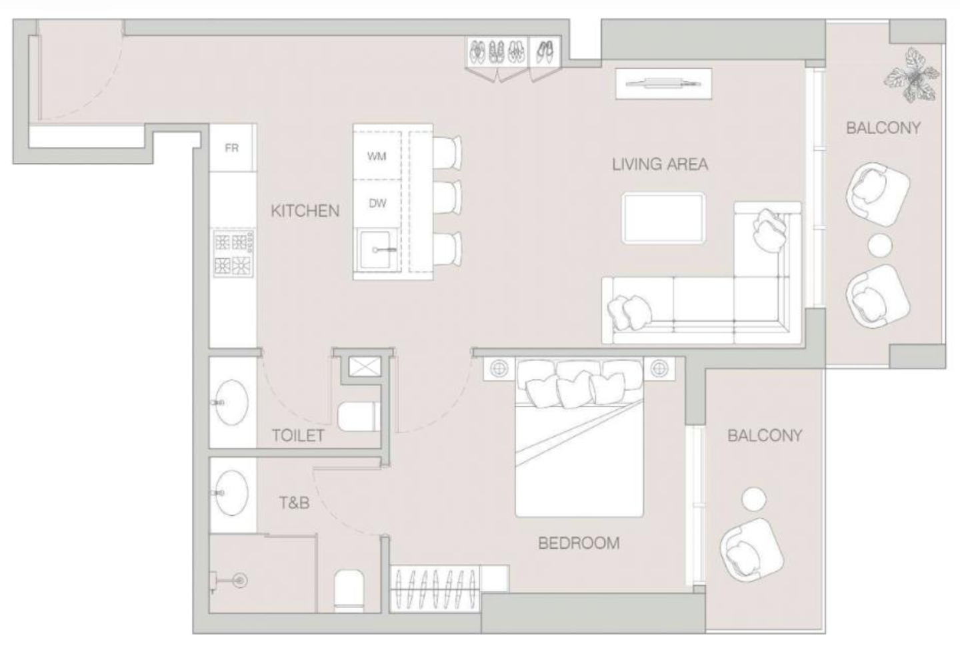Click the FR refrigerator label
click(231, 148)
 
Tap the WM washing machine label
click(377, 157)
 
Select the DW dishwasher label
click(377, 204)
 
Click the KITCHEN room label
click(305, 211)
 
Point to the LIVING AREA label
click(659, 164)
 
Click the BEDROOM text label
click(579, 543)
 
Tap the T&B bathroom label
click(295, 503)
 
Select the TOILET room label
click(298, 436)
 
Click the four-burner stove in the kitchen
click(233, 253)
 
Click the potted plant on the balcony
click(911, 76)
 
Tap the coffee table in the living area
click(663, 219)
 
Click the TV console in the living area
click(663, 83)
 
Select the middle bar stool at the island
click(447, 198)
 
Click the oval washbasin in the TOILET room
click(231, 402)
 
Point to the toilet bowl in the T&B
click(349, 591)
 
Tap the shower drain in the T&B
click(241, 581)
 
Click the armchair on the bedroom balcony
click(752, 550)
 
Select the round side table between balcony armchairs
click(880, 246)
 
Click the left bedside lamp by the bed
click(499, 368)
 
